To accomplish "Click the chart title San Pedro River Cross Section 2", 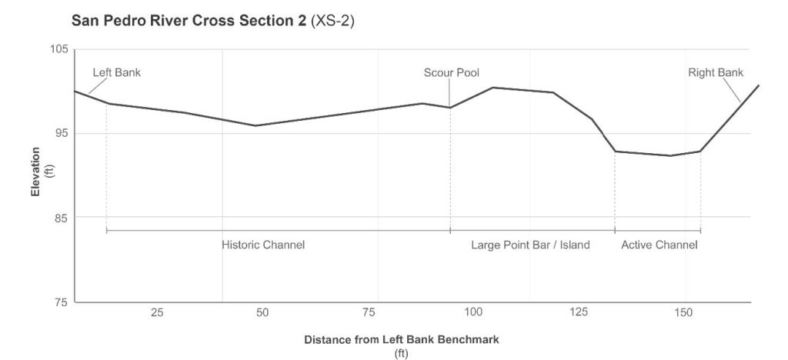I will [x=189, y=22].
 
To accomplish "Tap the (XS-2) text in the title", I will [x=332, y=22].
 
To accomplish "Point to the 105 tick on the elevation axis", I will [x=59, y=49].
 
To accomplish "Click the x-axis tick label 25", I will [x=156, y=313].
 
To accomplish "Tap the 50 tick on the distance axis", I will [x=262, y=313].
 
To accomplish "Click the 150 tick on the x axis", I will [x=683, y=313].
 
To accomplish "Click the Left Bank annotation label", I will [x=117, y=73].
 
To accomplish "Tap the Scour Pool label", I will [x=451, y=73].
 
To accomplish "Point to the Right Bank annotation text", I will [x=716, y=73].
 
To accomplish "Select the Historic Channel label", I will [x=263, y=245].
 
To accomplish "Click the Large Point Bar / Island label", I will [x=530, y=245].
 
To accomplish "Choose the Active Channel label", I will [x=659, y=245].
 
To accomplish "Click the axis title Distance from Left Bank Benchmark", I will [x=402, y=339].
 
